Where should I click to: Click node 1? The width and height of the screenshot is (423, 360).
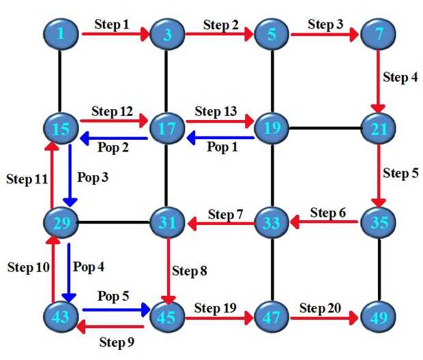tap(61, 32)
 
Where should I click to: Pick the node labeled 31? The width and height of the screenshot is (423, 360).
tap(167, 222)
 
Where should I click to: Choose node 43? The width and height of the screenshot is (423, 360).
tap(61, 317)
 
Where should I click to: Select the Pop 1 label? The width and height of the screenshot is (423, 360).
tap(222, 147)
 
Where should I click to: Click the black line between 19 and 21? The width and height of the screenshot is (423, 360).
tap(325, 127)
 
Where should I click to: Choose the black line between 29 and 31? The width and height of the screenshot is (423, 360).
tap(114, 222)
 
